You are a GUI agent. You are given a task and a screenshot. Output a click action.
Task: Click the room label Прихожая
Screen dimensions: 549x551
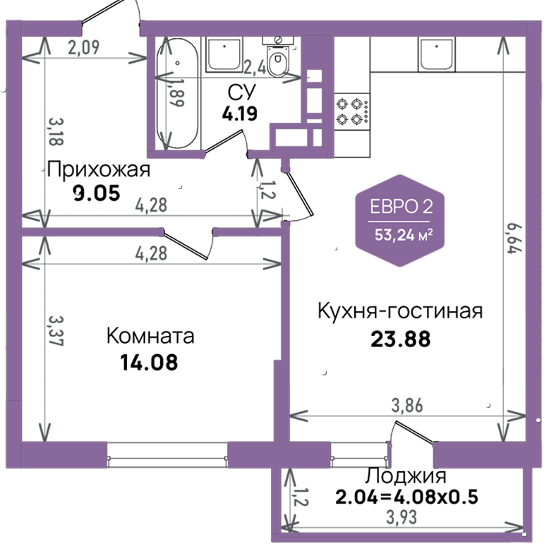pos(98,170)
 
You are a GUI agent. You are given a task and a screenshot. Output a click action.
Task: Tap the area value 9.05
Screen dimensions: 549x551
pos(97,193)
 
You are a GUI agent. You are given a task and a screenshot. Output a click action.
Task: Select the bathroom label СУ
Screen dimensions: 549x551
pos(242,92)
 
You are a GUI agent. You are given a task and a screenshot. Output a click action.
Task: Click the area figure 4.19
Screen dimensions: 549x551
pos(240,114)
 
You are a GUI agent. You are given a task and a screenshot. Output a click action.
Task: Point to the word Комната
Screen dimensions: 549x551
pos(150,336)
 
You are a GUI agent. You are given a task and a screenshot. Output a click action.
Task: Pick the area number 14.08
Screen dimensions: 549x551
pos(149,363)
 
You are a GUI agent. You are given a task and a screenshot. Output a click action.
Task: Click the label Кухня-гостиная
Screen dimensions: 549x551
pos(400,311)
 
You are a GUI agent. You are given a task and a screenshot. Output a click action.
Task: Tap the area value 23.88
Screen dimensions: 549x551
pos(401,339)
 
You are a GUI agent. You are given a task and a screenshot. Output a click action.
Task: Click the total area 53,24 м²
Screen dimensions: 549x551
pos(403,235)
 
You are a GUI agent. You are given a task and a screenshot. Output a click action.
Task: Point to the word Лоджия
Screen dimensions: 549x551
pos(406,476)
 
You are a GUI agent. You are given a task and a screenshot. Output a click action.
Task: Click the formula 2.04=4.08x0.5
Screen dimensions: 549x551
pos(406,497)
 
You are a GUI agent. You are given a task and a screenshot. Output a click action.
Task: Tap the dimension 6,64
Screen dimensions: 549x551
pos(515,238)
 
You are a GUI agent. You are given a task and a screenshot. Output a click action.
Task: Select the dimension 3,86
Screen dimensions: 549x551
pos(407,406)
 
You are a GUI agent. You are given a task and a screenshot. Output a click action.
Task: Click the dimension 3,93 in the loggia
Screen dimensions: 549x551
pos(402,517)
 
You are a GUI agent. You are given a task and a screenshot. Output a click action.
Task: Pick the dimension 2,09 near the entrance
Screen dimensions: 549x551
pos(84,47)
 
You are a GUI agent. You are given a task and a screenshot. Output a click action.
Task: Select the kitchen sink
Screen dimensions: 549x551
pos(437,54)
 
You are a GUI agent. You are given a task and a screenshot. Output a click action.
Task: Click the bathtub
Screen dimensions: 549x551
pos(178,93)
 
